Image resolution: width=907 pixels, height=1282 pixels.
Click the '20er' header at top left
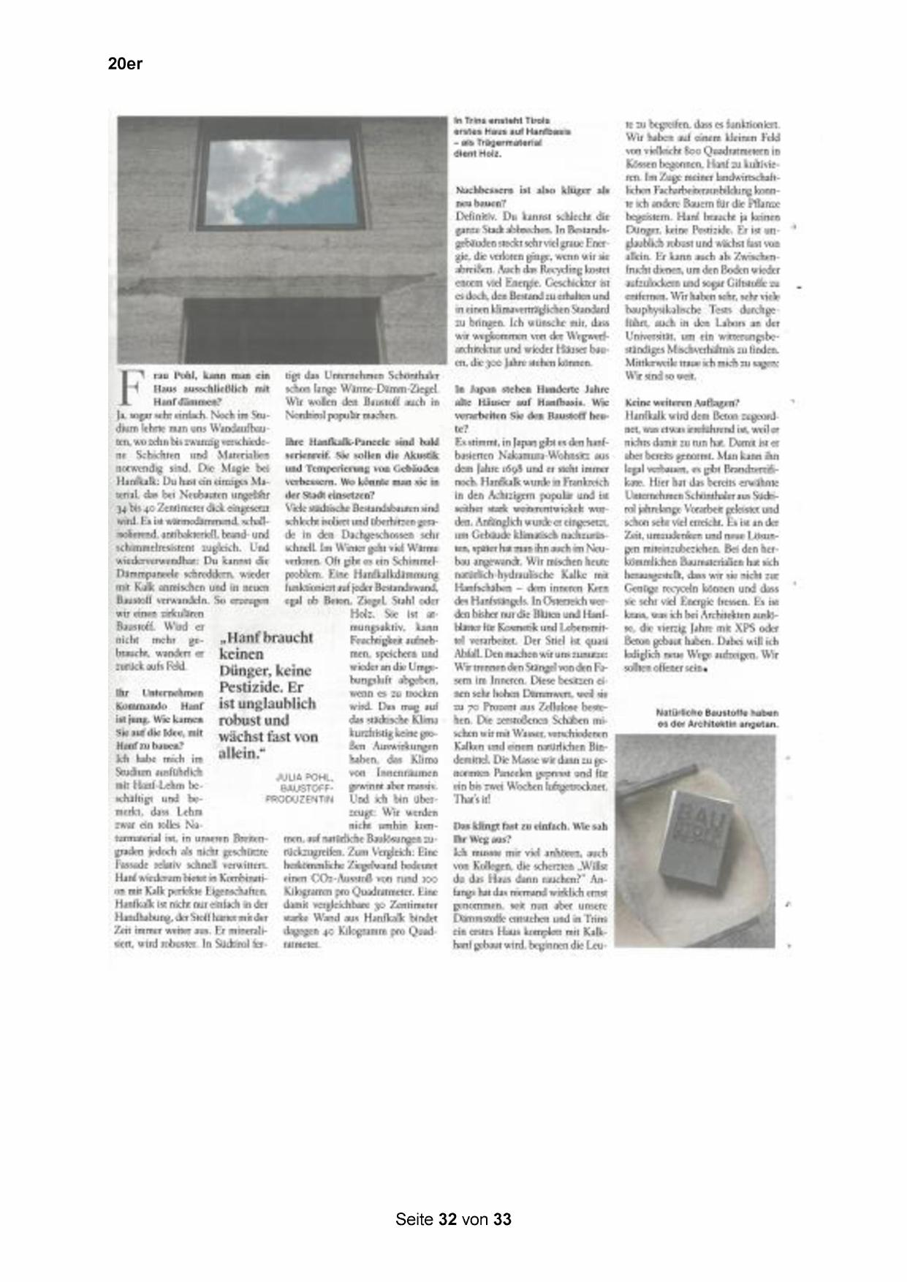coord(125,64)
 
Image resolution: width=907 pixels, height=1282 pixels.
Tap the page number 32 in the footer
coord(448,1219)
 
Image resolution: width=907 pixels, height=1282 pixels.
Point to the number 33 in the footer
coord(502,1219)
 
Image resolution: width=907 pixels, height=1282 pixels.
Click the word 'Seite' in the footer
coord(414,1219)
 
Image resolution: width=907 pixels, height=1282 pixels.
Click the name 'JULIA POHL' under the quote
coord(305,777)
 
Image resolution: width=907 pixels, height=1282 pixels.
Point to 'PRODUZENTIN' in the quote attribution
coord(300,800)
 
